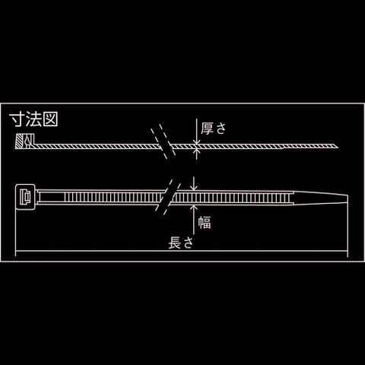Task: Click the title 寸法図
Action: (x=33, y=119)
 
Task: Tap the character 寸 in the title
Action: (x=17, y=119)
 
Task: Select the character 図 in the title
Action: (x=50, y=119)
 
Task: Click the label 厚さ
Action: (x=213, y=129)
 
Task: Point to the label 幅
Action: (x=205, y=223)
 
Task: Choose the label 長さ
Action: (x=181, y=243)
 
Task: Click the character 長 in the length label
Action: (x=175, y=243)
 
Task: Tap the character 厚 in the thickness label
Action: (x=207, y=129)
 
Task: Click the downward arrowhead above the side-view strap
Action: (x=197, y=142)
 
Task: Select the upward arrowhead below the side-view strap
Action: (x=197, y=151)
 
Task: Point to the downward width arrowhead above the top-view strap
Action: (x=194, y=188)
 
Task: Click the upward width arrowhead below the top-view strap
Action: (x=194, y=208)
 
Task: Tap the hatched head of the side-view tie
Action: (x=25, y=141)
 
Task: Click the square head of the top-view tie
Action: (x=25, y=197)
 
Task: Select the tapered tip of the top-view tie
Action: (x=321, y=197)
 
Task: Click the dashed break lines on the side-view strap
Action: (x=163, y=141)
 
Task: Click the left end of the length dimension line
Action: (x=16, y=251)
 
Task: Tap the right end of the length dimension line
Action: (x=348, y=251)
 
